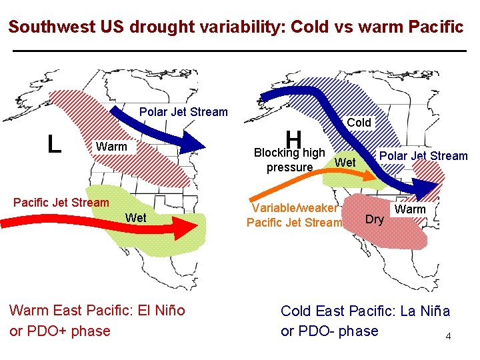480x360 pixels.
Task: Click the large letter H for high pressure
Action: (x=294, y=140)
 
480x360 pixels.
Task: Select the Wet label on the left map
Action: (x=136, y=217)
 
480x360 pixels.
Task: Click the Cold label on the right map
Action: (x=359, y=123)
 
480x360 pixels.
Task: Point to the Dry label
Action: (x=375, y=219)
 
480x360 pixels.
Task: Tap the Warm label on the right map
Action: (x=411, y=209)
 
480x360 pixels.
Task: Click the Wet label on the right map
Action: (x=345, y=163)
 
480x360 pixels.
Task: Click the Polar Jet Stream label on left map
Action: (x=183, y=112)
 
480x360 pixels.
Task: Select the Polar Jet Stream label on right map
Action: (x=423, y=156)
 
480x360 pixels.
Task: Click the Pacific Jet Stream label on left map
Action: (x=61, y=203)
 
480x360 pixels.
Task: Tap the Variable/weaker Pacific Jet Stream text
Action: (x=294, y=215)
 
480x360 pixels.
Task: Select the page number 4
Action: (x=449, y=336)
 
